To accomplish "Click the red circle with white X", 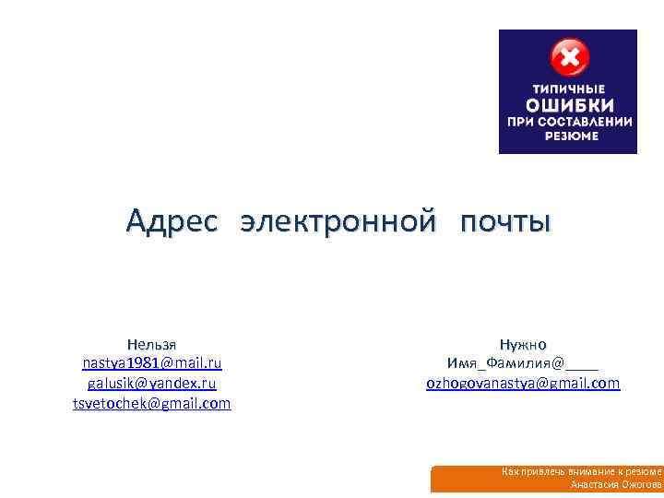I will pyautogui.click(x=569, y=58).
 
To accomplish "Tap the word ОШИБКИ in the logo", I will pyautogui.click(x=567, y=104).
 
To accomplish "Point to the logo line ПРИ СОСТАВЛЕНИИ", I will pyautogui.click(x=567, y=121).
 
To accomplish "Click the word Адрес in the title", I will pyautogui.click(x=172, y=221).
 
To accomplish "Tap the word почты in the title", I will pyautogui.click(x=505, y=221).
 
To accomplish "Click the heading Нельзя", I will pyautogui.click(x=152, y=342).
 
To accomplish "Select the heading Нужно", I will pyautogui.click(x=523, y=342).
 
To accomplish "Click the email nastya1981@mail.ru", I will pyautogui.click(x=152, y=362).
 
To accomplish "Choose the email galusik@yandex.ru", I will pyautogui.click(x=152, y=383).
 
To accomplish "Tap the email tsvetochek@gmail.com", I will pyautogui.click(x=152, y=403).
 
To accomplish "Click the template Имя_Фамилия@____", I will pyautogui.click(x=523, y=362).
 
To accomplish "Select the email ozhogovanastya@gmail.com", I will pyautogui.click(x=523, y=383).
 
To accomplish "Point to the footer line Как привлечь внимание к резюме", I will pyautogui.click(x=581, y=471).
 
